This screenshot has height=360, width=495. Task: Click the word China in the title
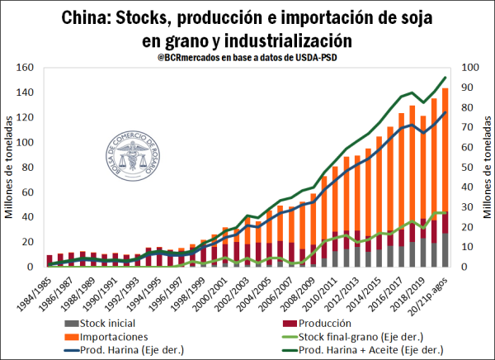pos(89,17)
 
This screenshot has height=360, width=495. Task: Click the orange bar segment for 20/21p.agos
pos(445,149)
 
